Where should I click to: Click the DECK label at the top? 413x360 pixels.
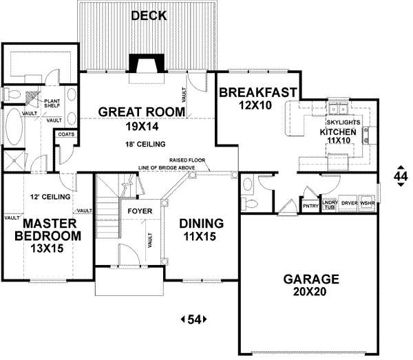click(149, 15)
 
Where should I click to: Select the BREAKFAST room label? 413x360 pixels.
click(257, 92)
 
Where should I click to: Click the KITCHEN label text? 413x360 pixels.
click(337, 131)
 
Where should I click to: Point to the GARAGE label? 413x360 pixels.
click(311, 279)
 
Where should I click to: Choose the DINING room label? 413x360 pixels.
click(201, 224)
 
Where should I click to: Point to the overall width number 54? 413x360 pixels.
click(193, 319)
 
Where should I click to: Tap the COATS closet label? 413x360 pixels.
click(67, 135)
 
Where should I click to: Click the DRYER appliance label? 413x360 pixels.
click(350, 204)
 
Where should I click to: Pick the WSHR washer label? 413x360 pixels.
click(368, 204)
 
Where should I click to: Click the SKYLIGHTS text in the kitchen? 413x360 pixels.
click(339, 121)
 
